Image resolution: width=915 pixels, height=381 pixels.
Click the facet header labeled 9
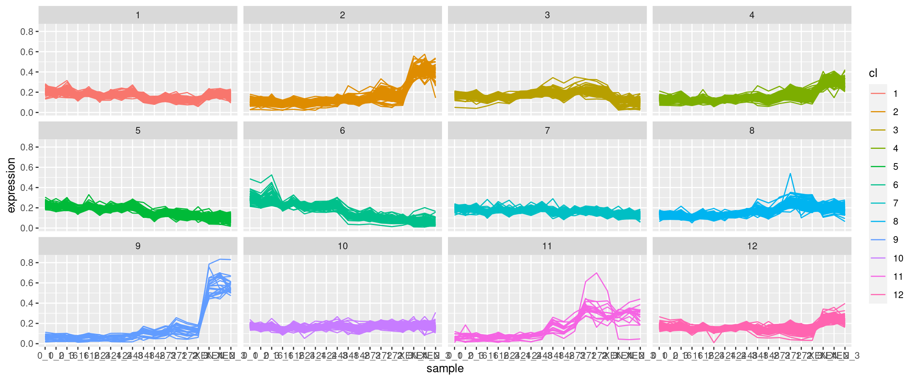coord(137,246)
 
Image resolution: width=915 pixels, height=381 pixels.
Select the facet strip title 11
coord(547,246)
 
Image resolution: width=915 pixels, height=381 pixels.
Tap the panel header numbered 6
coord(342,131)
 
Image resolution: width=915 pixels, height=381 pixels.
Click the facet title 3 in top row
coord(547,15)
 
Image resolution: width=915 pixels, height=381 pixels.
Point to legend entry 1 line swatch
coord(878,94)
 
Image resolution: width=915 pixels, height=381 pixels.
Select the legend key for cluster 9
coord(878,240)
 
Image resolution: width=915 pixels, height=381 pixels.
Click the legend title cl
coord(873,73)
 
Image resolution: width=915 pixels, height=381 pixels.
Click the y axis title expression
coord(11,185)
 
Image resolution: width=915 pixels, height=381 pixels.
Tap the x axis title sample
coord(445,368)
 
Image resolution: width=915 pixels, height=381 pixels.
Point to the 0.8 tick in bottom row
coord(27,263)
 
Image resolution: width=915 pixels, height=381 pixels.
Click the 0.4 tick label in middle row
coord(27,188)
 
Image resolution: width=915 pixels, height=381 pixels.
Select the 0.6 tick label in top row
coord(27,52)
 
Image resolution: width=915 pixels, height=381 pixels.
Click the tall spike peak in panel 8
coord(790,173)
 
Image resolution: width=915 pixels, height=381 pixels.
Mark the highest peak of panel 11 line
coord(596,273)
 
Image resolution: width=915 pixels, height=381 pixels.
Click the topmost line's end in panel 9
coord(231,260)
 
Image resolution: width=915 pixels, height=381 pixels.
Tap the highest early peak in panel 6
coord(272,175)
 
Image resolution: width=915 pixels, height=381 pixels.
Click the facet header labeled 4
coord(751,15)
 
